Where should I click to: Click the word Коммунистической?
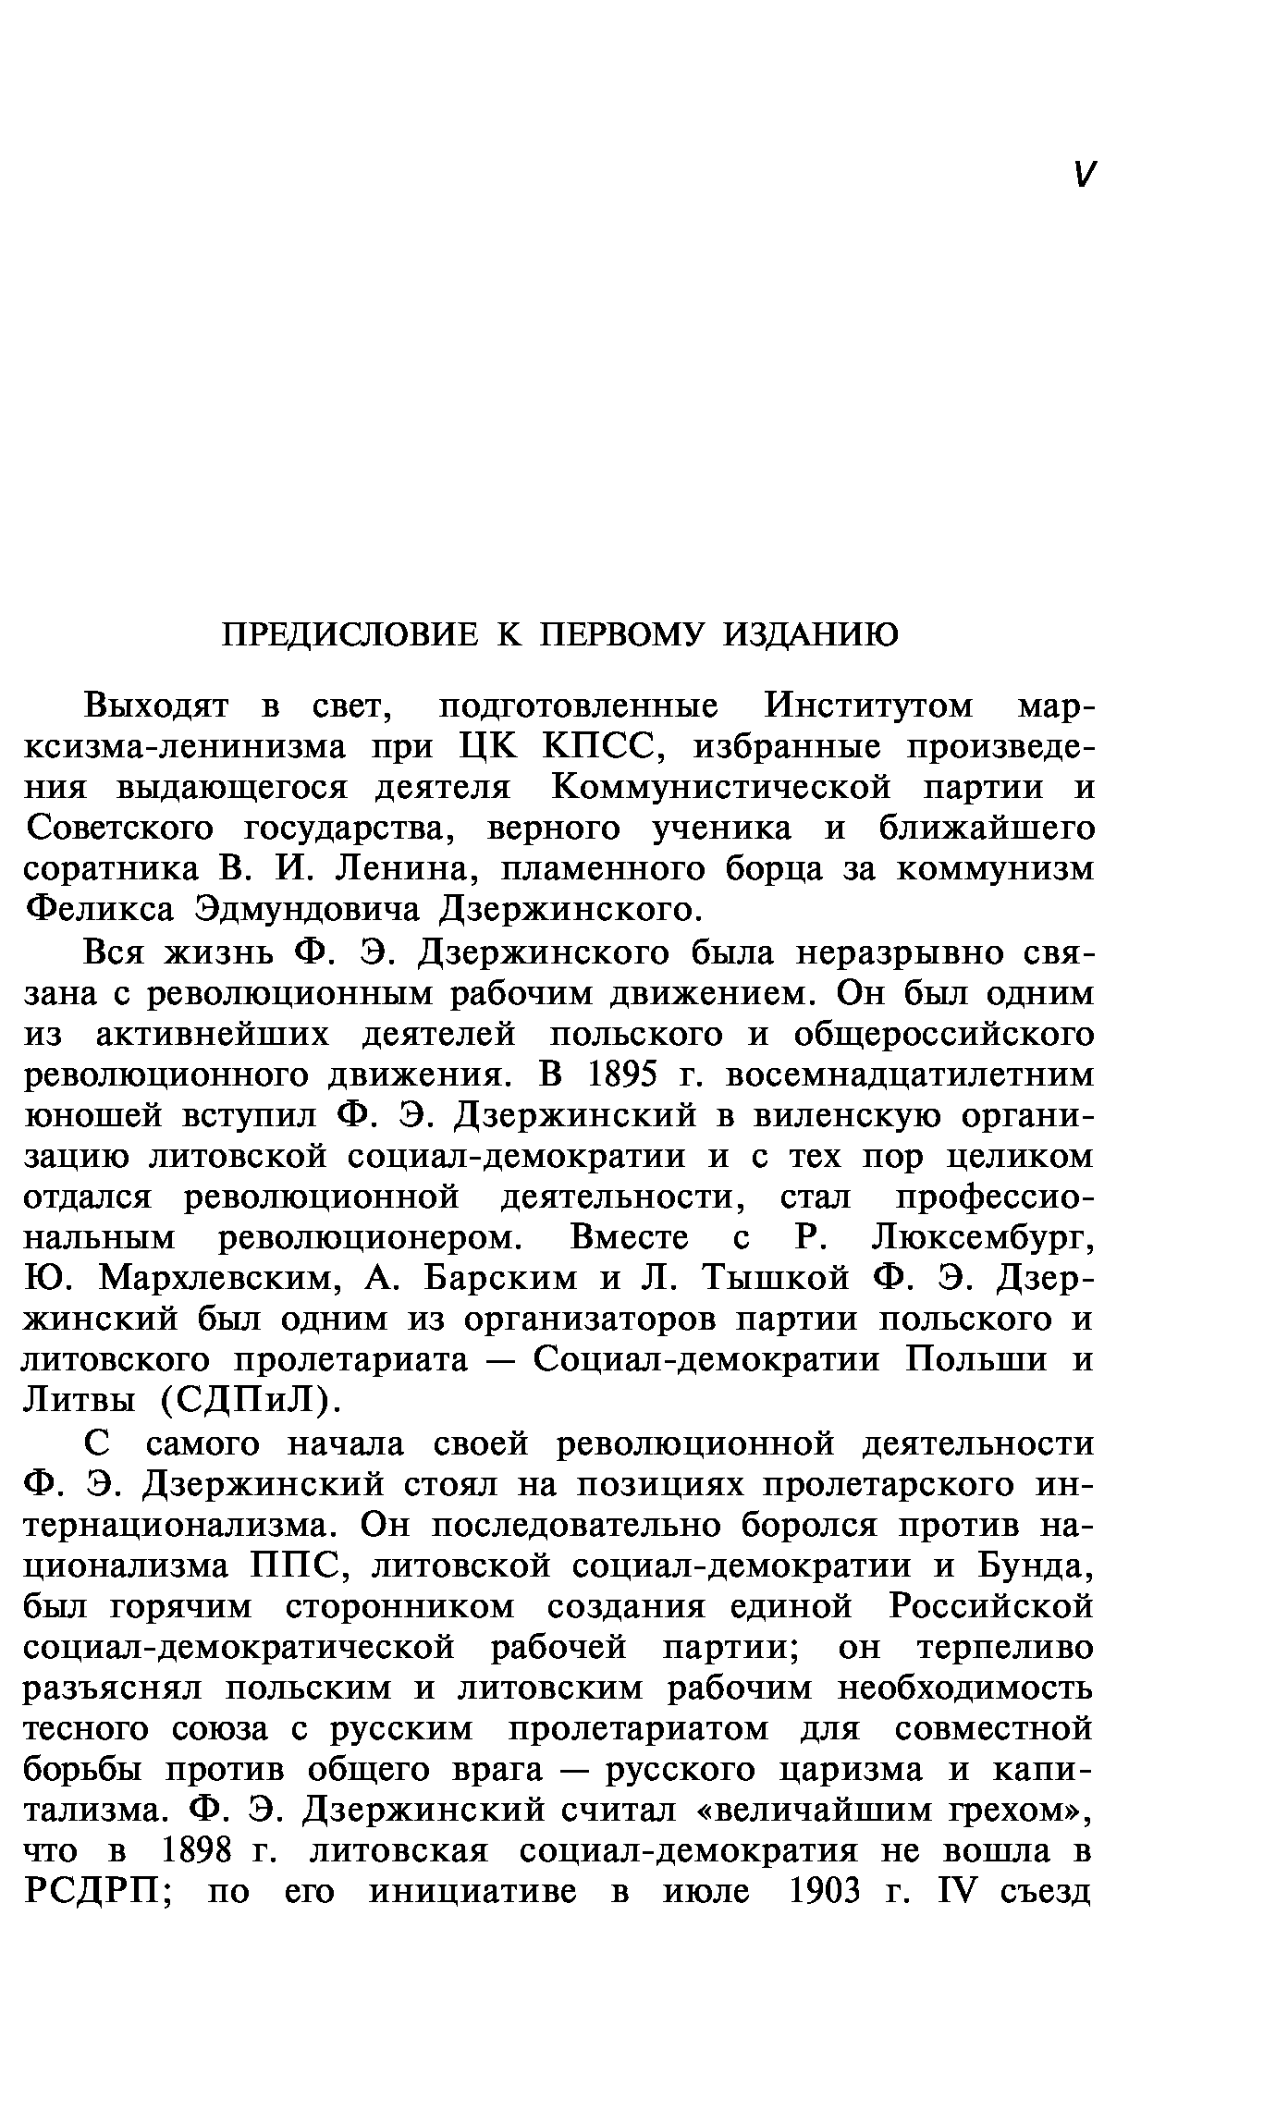pyautogui.click(x=721, y=788)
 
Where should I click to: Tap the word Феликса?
pyautogui.click(x=99, y=910)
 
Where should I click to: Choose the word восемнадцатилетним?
pyautogui.click(x=911, y=1074)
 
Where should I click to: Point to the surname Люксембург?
pyautogui.click(x=983, y=1238)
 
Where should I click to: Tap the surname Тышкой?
pyautogui.click(x=777, y=1279)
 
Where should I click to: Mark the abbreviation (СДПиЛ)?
pyautogui.click(x=246, y=1402)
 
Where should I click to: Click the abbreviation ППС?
pyautogui.click(x=288, y=1567)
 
